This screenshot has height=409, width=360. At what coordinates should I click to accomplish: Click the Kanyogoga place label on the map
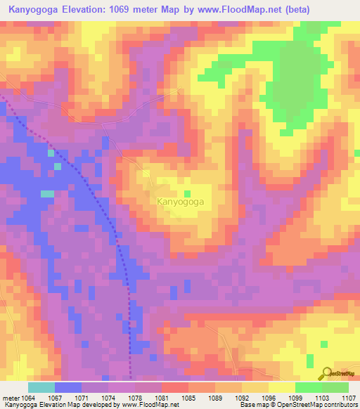[x=180, y=202]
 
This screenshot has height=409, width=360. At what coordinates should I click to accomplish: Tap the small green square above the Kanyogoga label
[x=187, y=193]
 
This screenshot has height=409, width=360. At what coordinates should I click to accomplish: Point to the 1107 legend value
[x=348, y=397]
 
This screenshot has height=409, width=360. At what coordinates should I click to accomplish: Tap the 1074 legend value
[x=108, y=397]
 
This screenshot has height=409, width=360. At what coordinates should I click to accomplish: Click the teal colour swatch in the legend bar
[x=41, y=387]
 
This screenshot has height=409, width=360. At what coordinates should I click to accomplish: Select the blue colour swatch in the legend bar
[x=68, y=387]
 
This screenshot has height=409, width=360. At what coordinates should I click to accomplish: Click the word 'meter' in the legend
[x=8, y=397]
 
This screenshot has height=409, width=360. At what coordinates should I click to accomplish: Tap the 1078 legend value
[x=135, y=397]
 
